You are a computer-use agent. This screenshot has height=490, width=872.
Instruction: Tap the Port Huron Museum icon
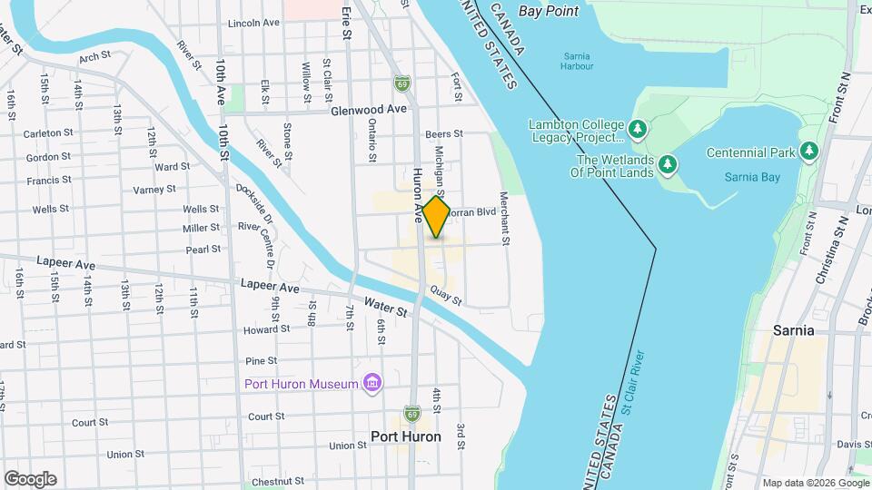click(371, 384)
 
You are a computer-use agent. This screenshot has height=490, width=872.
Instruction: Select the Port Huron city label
click(406, 436)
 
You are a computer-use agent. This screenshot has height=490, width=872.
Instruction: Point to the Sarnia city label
click(793, 330)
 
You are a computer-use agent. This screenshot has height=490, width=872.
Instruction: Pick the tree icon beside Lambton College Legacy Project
click(638, 129)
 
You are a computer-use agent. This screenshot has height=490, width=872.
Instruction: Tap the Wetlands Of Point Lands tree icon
click(669, 164)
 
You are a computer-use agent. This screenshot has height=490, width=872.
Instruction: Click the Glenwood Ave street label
click(369, 109)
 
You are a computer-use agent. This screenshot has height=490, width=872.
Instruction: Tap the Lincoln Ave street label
click(253, 24)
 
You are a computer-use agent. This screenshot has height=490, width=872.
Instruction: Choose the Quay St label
click(447, 295)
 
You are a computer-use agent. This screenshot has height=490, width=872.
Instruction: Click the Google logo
click(30, 479)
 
